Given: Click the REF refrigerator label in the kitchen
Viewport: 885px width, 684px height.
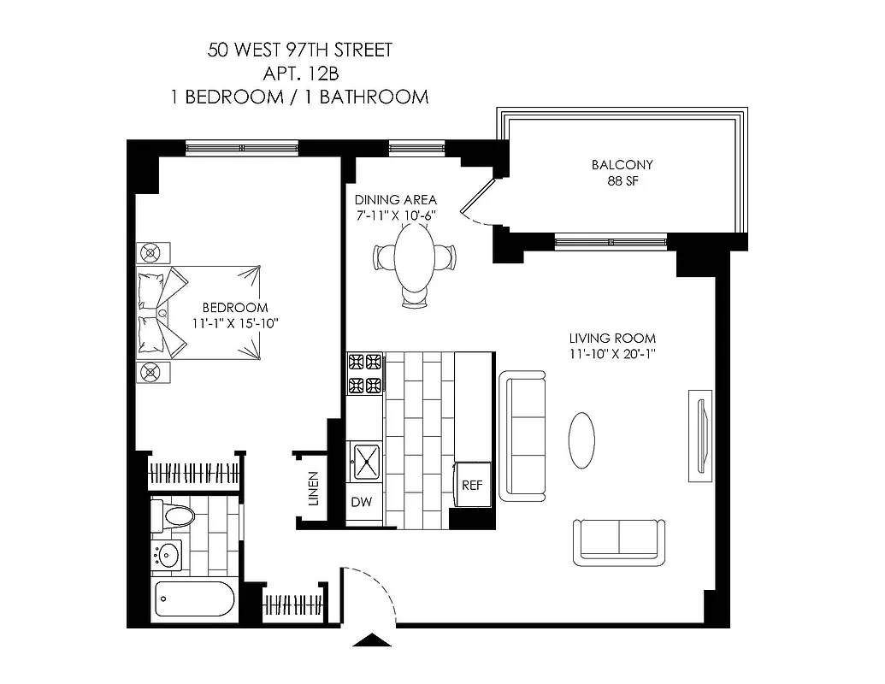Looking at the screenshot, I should (472, 485).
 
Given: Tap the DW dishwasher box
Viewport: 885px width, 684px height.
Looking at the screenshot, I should (362, 502).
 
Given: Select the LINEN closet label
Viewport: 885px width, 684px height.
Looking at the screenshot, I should (313, 488).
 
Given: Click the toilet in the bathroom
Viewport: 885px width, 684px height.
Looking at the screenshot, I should (174, 516).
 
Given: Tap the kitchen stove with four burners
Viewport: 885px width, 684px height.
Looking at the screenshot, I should (366, 374).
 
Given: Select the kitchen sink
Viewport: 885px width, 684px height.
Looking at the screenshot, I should (367, 463).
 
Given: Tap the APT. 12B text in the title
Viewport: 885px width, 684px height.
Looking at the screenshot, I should (299, 74).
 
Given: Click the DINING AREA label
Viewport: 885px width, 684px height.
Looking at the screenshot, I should (396, 200).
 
